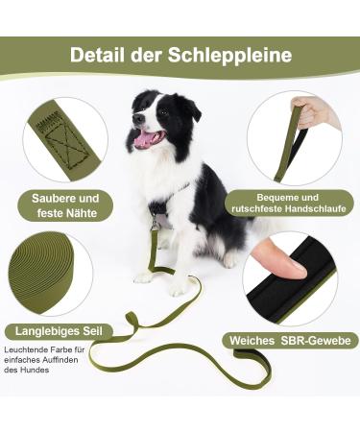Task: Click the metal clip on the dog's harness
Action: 155,223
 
